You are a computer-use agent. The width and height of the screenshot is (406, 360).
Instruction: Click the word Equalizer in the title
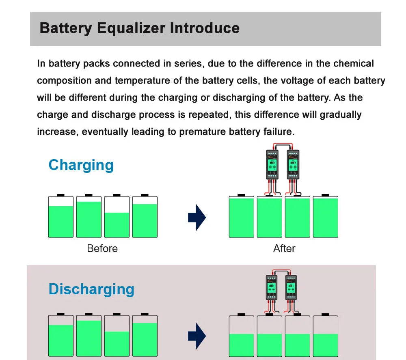pos(131,28)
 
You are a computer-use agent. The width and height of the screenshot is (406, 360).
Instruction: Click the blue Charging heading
pos(81,165)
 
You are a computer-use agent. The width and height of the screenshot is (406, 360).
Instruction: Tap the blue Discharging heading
pos(91,289)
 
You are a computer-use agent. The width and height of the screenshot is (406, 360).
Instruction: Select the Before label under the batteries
pos(102,248)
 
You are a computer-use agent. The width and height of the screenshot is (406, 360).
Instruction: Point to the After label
pos(284,248)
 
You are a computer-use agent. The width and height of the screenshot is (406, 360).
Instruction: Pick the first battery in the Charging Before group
pos(61,217)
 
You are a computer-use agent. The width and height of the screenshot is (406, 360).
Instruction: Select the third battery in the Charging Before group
pos(117,217)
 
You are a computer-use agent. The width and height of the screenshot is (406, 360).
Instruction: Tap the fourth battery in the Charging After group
pos(325,217)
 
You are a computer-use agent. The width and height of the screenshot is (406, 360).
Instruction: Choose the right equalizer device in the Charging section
pos(293,164)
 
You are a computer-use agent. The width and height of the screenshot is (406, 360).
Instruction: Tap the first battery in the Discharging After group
pos(242,336)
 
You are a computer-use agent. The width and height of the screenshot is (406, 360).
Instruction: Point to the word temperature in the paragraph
pos(144,81)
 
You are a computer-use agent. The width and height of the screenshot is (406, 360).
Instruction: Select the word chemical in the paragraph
pos(353,64)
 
